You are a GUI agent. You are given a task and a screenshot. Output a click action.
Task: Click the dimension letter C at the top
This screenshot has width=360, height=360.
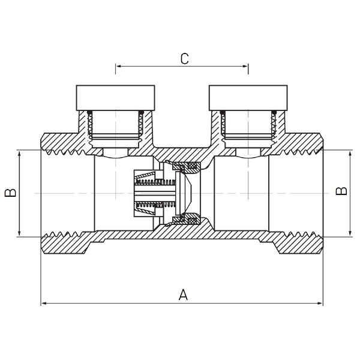pyautogui.click(x=185, y=59)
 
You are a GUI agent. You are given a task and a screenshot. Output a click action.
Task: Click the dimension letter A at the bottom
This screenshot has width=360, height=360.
pyautogui.click(x=183, y=295)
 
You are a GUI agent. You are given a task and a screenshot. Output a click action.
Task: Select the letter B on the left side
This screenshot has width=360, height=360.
pyautogui.click(x=10, y=193)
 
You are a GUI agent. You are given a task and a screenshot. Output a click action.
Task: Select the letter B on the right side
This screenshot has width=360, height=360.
pyautogui.click(x=341, y=191)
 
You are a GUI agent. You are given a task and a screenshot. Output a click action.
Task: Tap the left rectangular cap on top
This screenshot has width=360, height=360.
pyautogui.click(x=115, y=98)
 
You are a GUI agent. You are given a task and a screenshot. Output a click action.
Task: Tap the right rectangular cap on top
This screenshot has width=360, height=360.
pyautogui.click(x=248, y=98)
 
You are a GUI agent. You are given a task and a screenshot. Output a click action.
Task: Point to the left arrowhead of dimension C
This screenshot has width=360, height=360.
pyautogui.click(x=118, y=67)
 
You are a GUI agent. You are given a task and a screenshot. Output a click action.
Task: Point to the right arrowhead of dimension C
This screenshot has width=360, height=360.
pyautogui.click(x=245, y=67)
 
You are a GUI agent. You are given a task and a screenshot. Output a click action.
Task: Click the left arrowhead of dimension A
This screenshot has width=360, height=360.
pyautogui.click(x=44, y=304)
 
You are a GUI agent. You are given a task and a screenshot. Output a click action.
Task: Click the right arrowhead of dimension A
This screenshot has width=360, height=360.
pyautogui.click(x=320, y=304)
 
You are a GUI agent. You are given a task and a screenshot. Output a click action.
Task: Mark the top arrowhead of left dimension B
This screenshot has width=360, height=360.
pyautogui.click(x=19, y=154)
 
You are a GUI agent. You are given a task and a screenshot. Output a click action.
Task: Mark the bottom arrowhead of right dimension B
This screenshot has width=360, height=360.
pyautogui.click(x=350, y=233)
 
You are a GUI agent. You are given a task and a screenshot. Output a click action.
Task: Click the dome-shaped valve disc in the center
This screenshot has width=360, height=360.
pyautogui.click(x=185, y=193)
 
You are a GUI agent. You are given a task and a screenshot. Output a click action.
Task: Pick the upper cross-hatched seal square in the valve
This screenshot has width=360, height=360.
pyautogui.click(x=192, y=165)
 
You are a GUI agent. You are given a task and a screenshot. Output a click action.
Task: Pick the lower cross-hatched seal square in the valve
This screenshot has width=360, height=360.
pyautogui.click(x=192, y=221)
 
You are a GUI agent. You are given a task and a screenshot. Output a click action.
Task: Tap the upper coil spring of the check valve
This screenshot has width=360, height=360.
pyautogui.click(x=155, y=182)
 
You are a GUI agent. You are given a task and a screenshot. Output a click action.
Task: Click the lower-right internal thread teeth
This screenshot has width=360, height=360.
pyautogui.click(x=301, y=235)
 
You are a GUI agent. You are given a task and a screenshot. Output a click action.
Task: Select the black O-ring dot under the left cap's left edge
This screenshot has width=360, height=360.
pyautogui.click(x=90, y=112)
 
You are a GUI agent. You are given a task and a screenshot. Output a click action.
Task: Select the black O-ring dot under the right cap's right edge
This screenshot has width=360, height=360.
pyautogui.click(x=274, y=112)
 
